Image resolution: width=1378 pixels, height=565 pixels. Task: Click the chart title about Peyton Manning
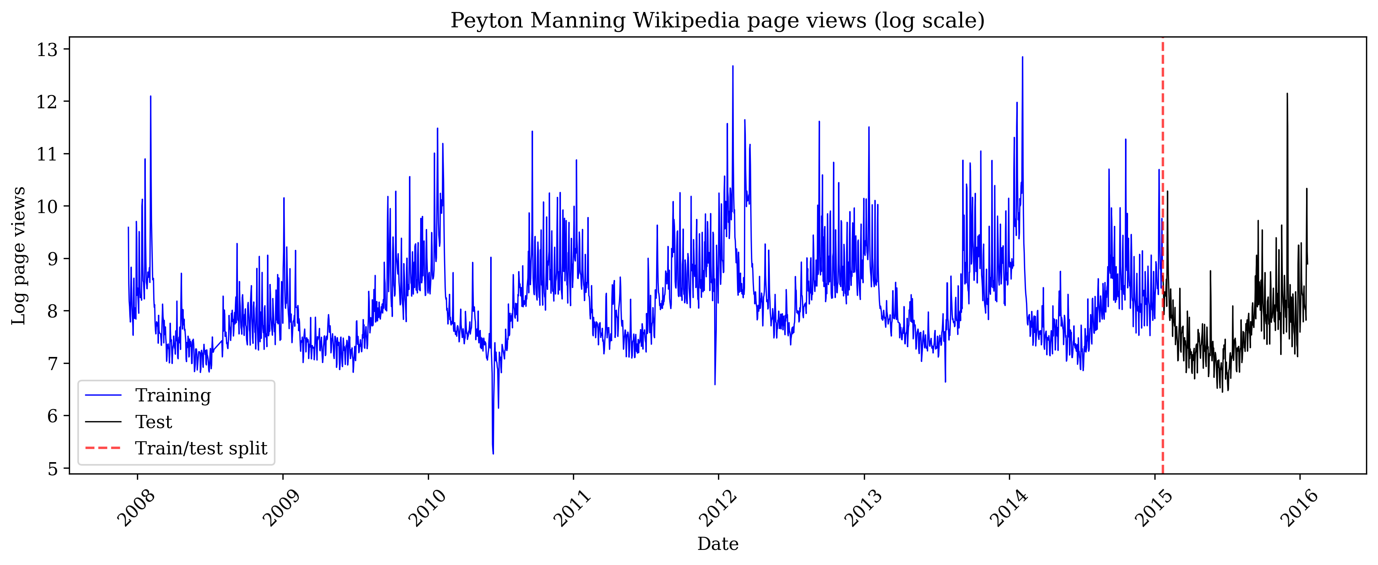[717, 20]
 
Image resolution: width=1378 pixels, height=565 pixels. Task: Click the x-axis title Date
[717, 544]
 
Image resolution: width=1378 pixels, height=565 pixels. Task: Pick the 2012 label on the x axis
[717, 508]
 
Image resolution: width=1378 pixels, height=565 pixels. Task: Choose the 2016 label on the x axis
[1299, 508]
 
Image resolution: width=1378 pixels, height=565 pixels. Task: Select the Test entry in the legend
[154, 422]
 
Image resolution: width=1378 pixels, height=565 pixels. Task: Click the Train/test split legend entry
[201, 448]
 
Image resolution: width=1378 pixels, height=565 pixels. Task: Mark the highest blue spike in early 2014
[1022, 58]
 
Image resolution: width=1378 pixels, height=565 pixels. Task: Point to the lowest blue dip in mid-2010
[493, 453]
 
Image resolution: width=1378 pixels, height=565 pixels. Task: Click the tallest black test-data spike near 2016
[1287, 95]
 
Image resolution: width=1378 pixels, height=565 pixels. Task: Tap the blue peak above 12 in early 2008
[150, 97]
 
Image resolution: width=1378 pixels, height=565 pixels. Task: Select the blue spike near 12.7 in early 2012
[732, 67]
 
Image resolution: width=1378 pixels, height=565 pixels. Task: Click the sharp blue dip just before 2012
[715, 383]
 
